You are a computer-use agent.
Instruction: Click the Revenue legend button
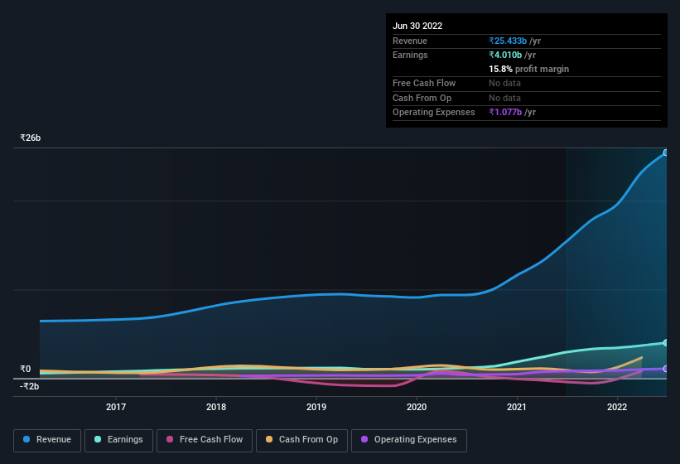point(47,439)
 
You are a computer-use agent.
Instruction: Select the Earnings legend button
point(118,439)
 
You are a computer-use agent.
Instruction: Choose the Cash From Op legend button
point(301,439)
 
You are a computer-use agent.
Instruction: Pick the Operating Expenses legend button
point(408,439)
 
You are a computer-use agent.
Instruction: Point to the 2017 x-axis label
point(116,407)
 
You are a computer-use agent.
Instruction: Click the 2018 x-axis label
point(216,407)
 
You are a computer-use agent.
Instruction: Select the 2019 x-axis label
point(316,407)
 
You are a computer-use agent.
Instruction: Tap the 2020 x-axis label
point(417,407)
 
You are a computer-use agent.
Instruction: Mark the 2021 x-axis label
point(517,407)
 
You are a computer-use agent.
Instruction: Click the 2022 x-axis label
point(617,407)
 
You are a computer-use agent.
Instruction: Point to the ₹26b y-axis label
point(31,138)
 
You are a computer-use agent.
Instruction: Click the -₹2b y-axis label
point(30,386)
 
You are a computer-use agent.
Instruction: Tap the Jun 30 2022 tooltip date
point(417,26)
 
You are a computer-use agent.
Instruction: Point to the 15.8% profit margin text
point(528,69)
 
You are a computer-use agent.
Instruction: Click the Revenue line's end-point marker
point(666,152)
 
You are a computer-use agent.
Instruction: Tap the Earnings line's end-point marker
point(666,342)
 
